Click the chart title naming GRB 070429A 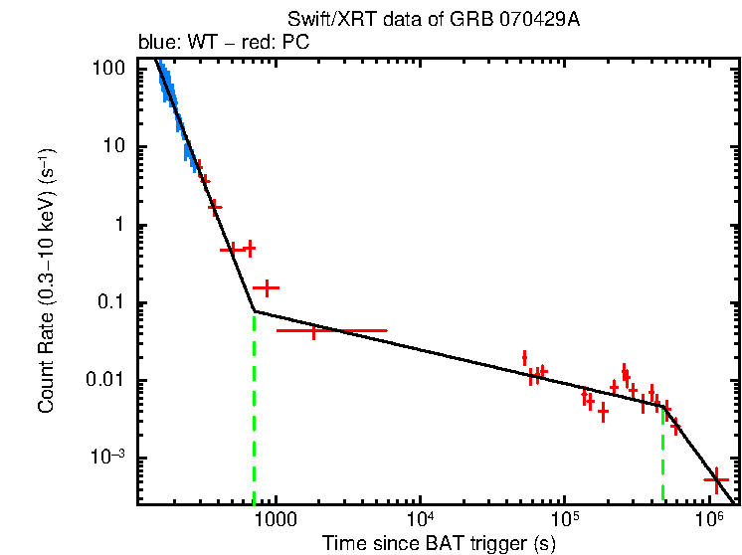point(434,20)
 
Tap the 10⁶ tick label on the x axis point(708,519)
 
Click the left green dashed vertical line point(255,408)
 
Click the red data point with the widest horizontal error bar point(314,330)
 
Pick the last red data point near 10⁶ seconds point(715,479)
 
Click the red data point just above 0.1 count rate point(266,287)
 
